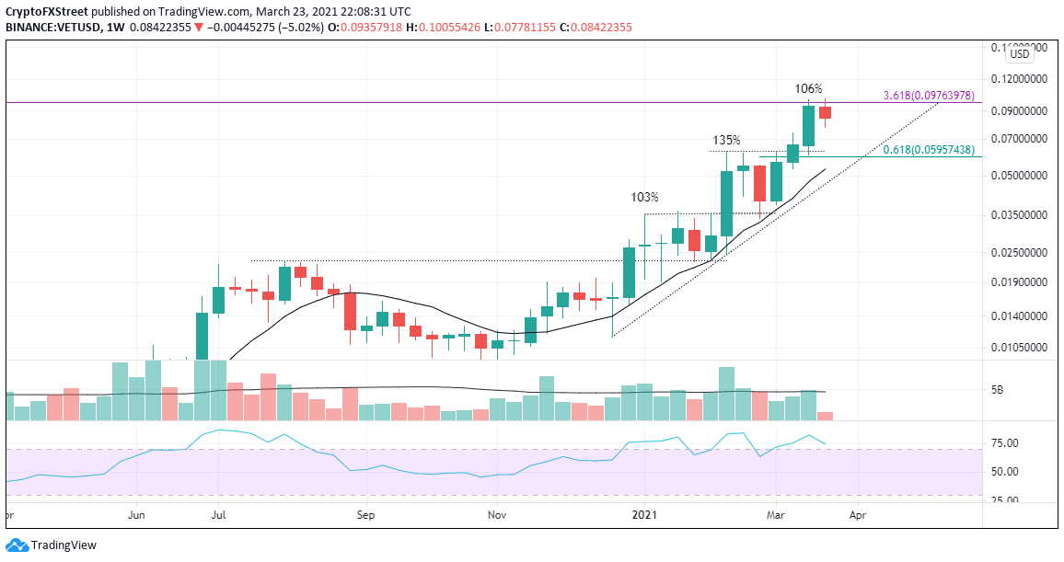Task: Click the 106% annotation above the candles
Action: [808, 88]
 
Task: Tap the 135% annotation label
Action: [726, 141]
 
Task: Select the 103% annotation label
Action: [644, 197]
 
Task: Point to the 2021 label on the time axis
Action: [645, 517]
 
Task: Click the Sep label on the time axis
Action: [366, 517]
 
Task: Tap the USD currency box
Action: [1019, 54]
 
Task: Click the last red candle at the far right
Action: [825, 113]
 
